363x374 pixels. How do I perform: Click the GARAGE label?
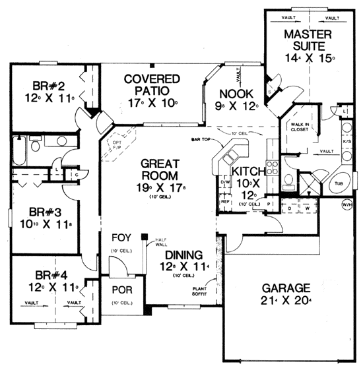(285, 288)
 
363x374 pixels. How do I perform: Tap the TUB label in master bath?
(338, 183)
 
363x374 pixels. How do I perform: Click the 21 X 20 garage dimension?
(285, 301)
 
